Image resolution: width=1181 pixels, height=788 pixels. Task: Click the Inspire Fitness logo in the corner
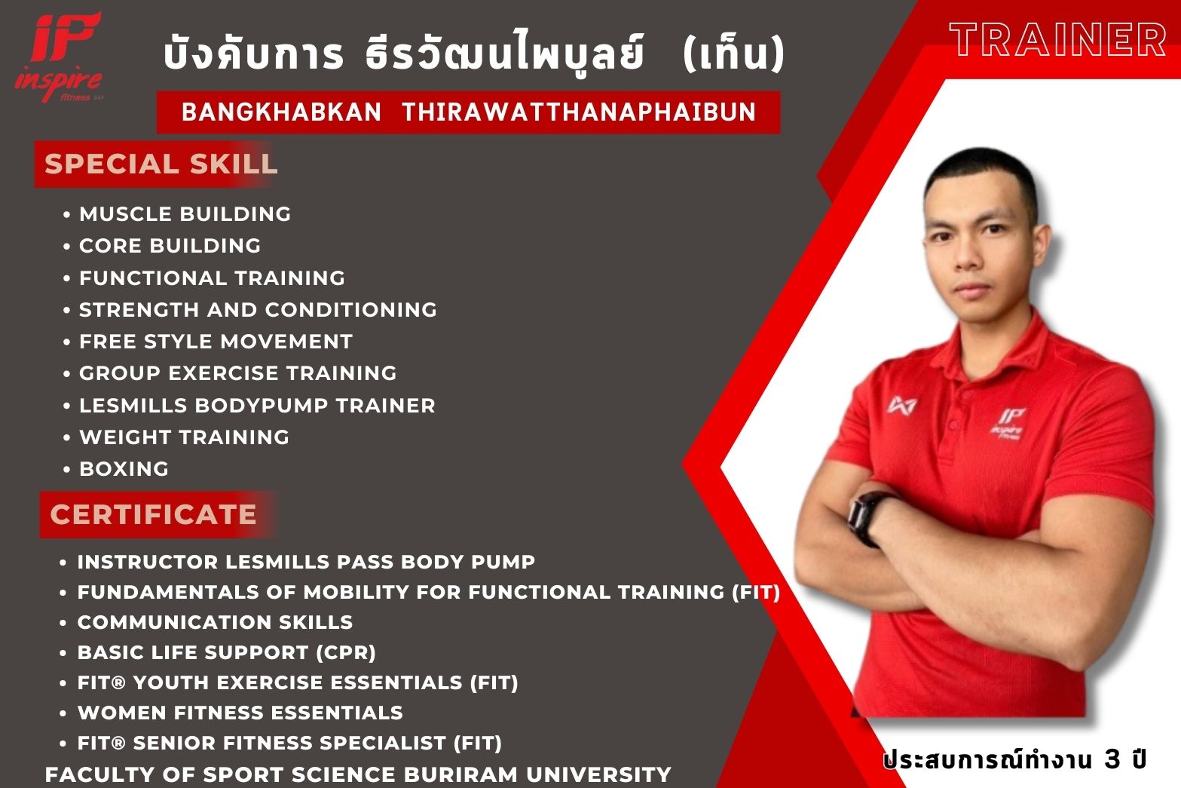59,57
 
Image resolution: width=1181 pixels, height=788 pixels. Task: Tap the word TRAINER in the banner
1057,39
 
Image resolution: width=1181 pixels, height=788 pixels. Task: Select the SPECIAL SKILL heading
161,164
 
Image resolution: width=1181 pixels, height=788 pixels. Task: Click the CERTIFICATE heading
153,514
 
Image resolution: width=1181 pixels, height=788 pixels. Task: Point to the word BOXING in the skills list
124,469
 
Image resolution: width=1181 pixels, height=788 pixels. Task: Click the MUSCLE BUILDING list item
185,214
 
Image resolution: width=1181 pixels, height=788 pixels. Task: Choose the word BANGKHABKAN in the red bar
281,112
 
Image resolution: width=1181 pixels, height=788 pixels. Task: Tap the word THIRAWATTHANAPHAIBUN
578,112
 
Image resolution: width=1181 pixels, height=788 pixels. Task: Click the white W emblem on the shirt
901,405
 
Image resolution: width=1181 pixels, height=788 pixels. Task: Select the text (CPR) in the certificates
346,652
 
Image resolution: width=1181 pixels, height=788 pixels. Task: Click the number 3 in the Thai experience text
1112,759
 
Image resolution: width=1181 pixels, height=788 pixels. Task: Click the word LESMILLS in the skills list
133,406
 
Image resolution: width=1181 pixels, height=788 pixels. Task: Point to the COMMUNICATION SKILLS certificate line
215,622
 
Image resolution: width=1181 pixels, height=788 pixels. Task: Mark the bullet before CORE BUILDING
66,247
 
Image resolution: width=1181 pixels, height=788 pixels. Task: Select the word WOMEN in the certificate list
122,713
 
